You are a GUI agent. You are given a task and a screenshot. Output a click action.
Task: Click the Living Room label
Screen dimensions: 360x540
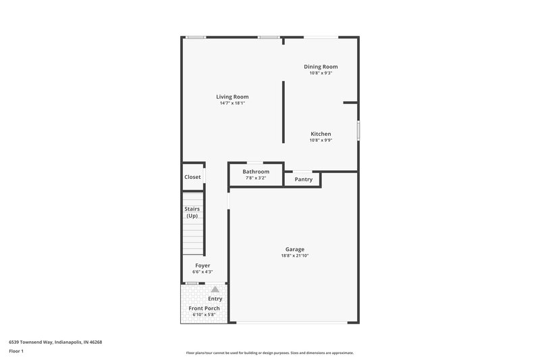[232, 97]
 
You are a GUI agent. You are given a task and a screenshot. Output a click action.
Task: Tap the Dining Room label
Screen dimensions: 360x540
[321, 67]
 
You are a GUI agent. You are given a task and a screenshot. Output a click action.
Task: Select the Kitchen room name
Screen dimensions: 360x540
[321, 134]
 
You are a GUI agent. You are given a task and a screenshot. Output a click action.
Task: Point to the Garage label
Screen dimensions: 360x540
[294, 249]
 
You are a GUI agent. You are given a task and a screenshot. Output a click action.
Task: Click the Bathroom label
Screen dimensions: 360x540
[256, 172]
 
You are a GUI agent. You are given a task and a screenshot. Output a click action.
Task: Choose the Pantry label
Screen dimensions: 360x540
[303, 180]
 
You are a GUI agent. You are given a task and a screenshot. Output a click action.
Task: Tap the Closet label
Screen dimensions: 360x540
[192, 177]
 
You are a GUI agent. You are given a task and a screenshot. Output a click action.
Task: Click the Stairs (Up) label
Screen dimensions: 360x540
[192, 212]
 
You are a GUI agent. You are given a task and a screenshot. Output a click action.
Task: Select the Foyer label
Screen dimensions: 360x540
[202, 265]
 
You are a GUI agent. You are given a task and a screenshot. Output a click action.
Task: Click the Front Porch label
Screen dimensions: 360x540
[204, 308]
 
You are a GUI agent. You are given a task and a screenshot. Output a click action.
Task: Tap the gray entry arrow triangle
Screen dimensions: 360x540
[215, 289]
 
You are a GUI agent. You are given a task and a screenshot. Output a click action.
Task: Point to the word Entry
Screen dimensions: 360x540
[215, 299]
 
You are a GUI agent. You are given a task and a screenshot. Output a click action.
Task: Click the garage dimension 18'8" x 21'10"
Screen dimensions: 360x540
[294, 256]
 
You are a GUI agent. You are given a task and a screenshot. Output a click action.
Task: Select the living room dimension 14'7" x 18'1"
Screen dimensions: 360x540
[232, 103]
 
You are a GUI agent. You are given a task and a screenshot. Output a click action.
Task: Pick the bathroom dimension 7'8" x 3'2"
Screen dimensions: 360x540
[256, 178]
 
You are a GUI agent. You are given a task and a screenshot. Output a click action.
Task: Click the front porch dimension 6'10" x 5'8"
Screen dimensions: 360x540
[204, 315]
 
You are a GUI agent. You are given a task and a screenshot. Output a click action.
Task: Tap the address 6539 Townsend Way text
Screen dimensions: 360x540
[55, 342]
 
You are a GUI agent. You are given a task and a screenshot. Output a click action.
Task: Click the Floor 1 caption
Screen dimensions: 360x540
[17, 351]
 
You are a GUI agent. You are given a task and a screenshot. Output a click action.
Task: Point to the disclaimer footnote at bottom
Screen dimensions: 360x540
[269, 353]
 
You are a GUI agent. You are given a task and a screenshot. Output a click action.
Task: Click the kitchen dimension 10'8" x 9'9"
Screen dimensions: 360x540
[321, 140]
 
